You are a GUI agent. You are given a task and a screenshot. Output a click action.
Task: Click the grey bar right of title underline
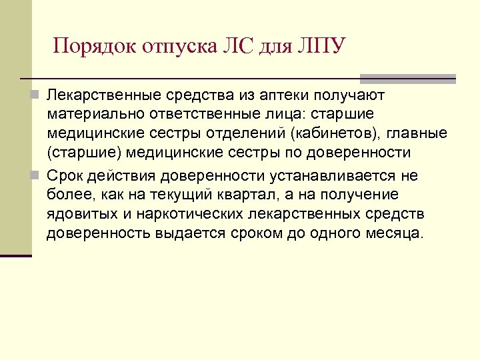pyautogui.click(x=407, y=78)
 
